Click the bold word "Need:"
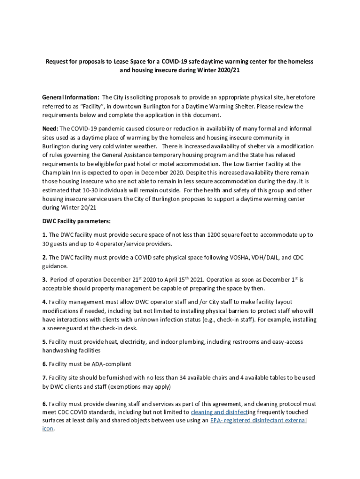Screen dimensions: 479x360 pos(50,129)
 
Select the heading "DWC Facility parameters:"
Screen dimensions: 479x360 pos(76,221)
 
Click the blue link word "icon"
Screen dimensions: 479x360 pos(48,429)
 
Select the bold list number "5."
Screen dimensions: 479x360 pos(44,342)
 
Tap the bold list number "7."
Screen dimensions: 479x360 pos(44,378)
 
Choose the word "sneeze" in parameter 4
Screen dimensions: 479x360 pos(58,328)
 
